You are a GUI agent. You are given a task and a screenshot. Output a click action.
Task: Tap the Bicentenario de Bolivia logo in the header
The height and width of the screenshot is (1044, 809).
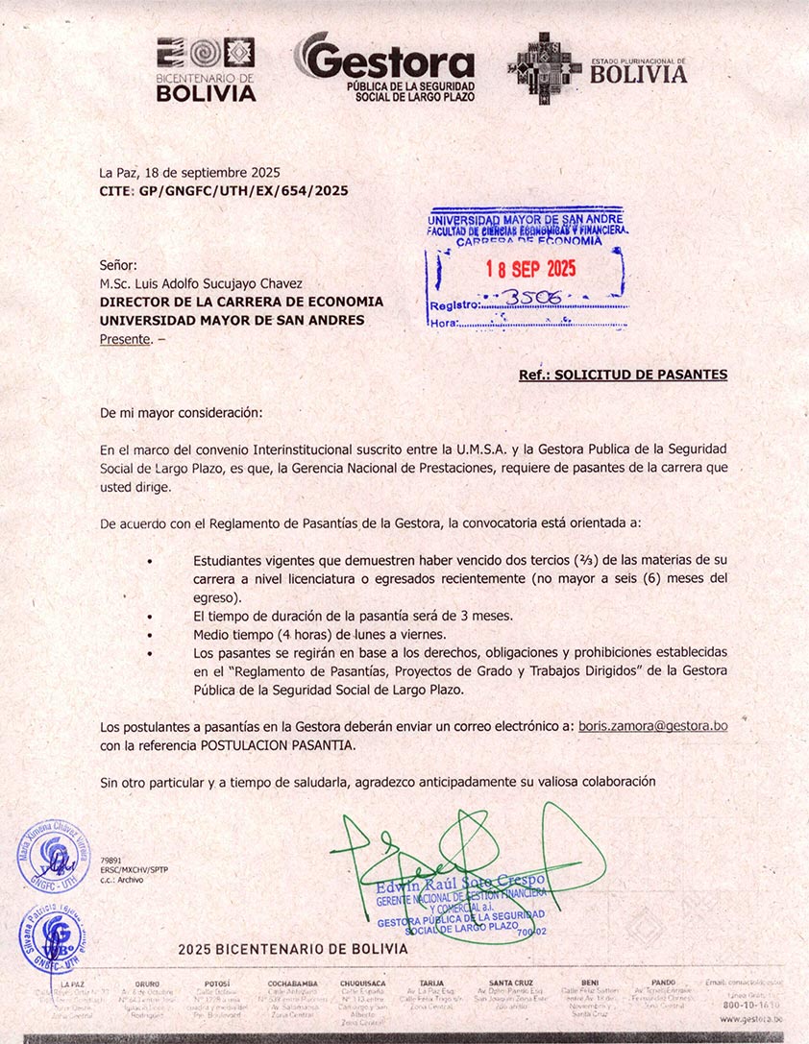(x=206, y=69)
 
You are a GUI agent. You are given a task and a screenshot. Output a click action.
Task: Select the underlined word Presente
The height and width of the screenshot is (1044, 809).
(x=125, y=338)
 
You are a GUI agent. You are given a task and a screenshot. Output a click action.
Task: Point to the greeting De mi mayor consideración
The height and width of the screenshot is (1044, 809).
(x=181, y=412)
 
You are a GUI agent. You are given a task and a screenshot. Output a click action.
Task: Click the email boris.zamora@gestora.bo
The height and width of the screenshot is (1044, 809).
(x=652, y=726)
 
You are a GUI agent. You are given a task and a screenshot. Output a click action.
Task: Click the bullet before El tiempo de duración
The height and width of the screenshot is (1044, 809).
(x=150, y=616)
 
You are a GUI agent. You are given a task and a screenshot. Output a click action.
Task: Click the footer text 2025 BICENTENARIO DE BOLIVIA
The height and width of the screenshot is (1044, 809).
(x=293, y=949)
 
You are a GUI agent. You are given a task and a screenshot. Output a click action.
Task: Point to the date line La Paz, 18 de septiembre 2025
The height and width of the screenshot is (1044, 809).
(x=190, y=173)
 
